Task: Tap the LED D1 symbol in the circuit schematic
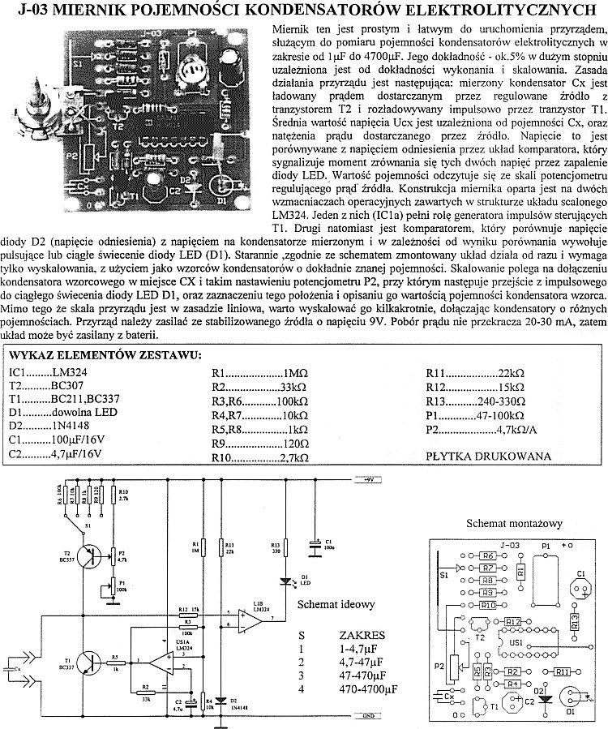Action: point(283,581)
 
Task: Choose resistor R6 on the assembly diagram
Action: point(486,556)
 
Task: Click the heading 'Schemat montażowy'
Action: point(514,524)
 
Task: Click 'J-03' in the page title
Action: point(35,10)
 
